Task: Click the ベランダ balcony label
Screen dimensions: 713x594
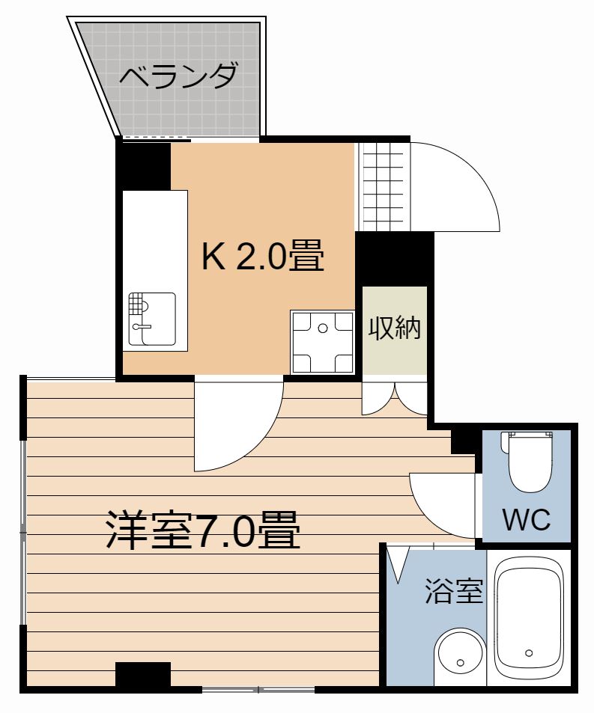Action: [x=179, y=76]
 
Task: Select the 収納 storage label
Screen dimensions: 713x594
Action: [x=395, y=328]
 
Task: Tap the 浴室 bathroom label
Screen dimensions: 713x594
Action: [x=453, y=591]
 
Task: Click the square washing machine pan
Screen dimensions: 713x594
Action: [x=322, y=341]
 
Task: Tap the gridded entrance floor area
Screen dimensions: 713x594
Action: [x=384, y=186]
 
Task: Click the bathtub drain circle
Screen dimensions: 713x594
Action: [x=530, y=652]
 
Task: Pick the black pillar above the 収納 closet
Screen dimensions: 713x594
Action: [x=395, y=257]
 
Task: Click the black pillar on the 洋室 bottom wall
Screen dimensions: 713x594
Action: [x=142, y=676]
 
